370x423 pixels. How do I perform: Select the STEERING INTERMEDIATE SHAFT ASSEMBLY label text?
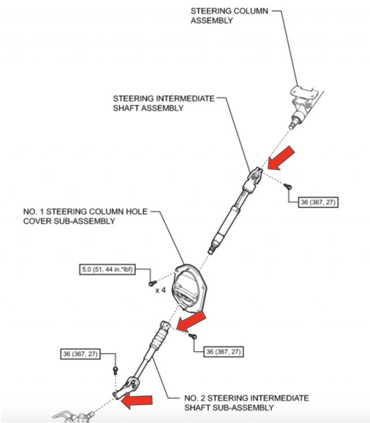[163, 104]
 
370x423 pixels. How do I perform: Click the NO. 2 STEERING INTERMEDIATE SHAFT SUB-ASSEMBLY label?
[246, 403]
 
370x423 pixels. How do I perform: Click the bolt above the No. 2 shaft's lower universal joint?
[115, 370]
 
